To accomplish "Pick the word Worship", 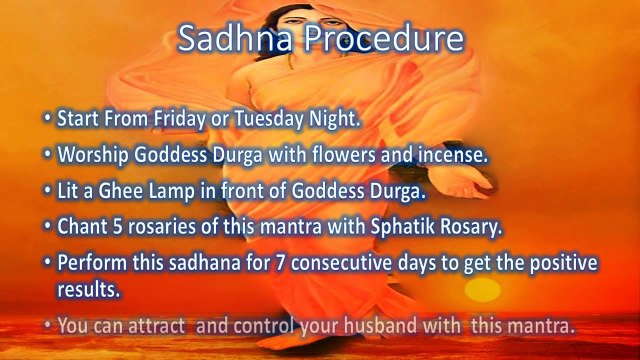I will point(91,155).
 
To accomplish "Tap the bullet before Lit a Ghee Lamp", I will point(47,190).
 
